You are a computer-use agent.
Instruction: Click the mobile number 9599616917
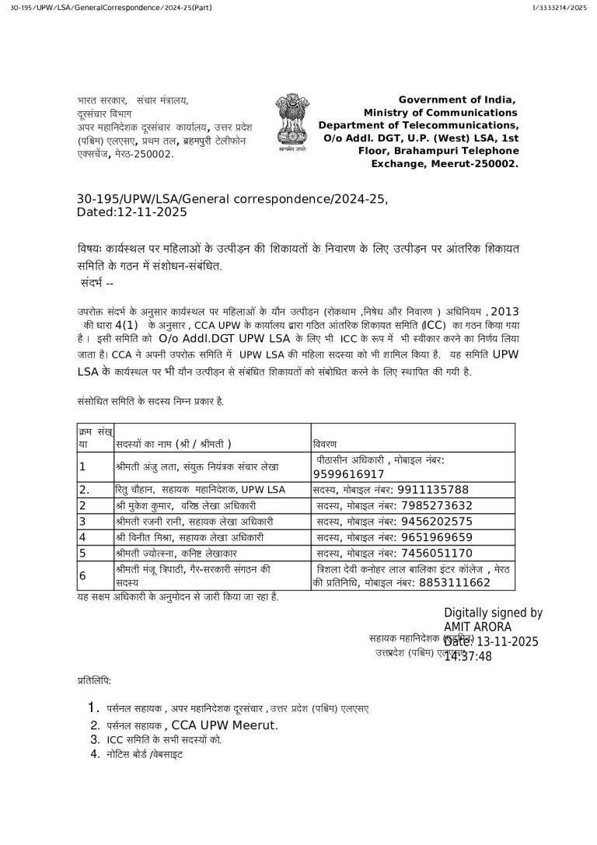point(348,474)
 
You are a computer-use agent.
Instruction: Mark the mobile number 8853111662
point(455,582)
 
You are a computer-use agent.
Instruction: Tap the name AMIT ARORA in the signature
point(477,627)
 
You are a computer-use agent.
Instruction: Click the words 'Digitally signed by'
point(493,613)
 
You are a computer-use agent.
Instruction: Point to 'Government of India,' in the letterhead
point(458,100)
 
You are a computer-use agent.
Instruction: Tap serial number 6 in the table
point(82,575)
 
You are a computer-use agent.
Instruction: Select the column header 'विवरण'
point(325,443)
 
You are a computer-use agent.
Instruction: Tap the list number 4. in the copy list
point(94,753)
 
